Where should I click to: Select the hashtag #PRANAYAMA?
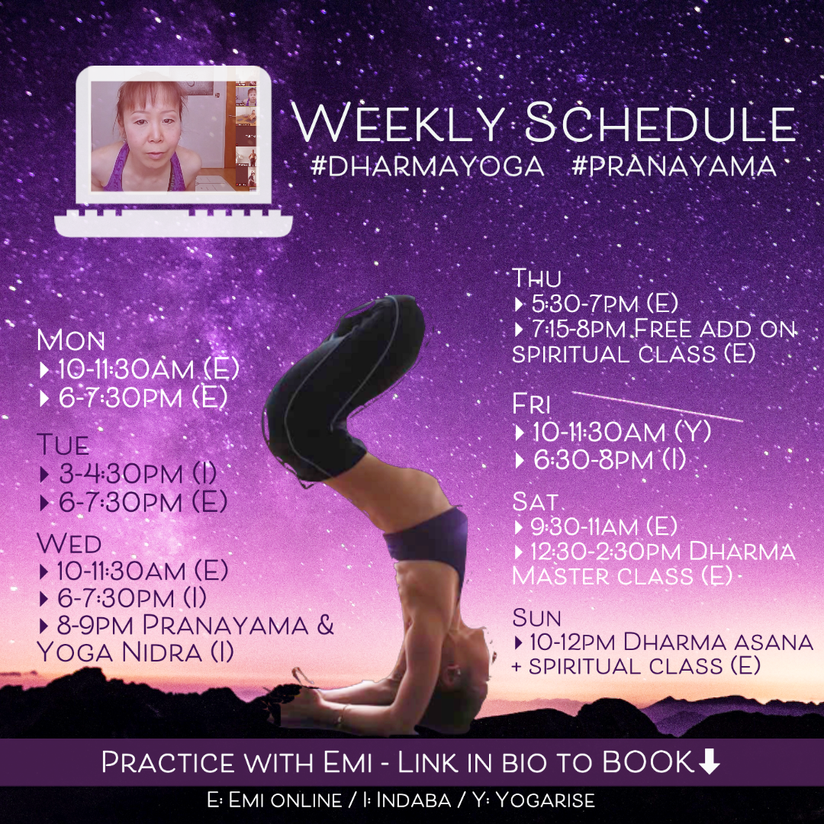[674, 166]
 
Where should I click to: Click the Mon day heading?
[70, 340]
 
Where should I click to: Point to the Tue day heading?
[63, 445]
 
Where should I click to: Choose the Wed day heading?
[69, 543]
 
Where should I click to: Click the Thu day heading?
[536, 278]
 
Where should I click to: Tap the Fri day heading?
[531, 404]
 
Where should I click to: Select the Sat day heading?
[534, 502]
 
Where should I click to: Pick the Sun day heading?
[536, 618]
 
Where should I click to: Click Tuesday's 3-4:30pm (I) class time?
[137, 474]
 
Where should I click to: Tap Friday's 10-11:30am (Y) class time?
[622, 433]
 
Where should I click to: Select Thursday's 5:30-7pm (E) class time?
[604, 304]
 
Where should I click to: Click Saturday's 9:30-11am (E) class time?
[604, 526]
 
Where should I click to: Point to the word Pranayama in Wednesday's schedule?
[225, 626]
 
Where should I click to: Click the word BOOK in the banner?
[648, 762]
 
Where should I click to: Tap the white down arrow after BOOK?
[709, 762]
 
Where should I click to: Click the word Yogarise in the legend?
[545, 800]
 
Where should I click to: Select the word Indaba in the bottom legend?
[413, 800]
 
